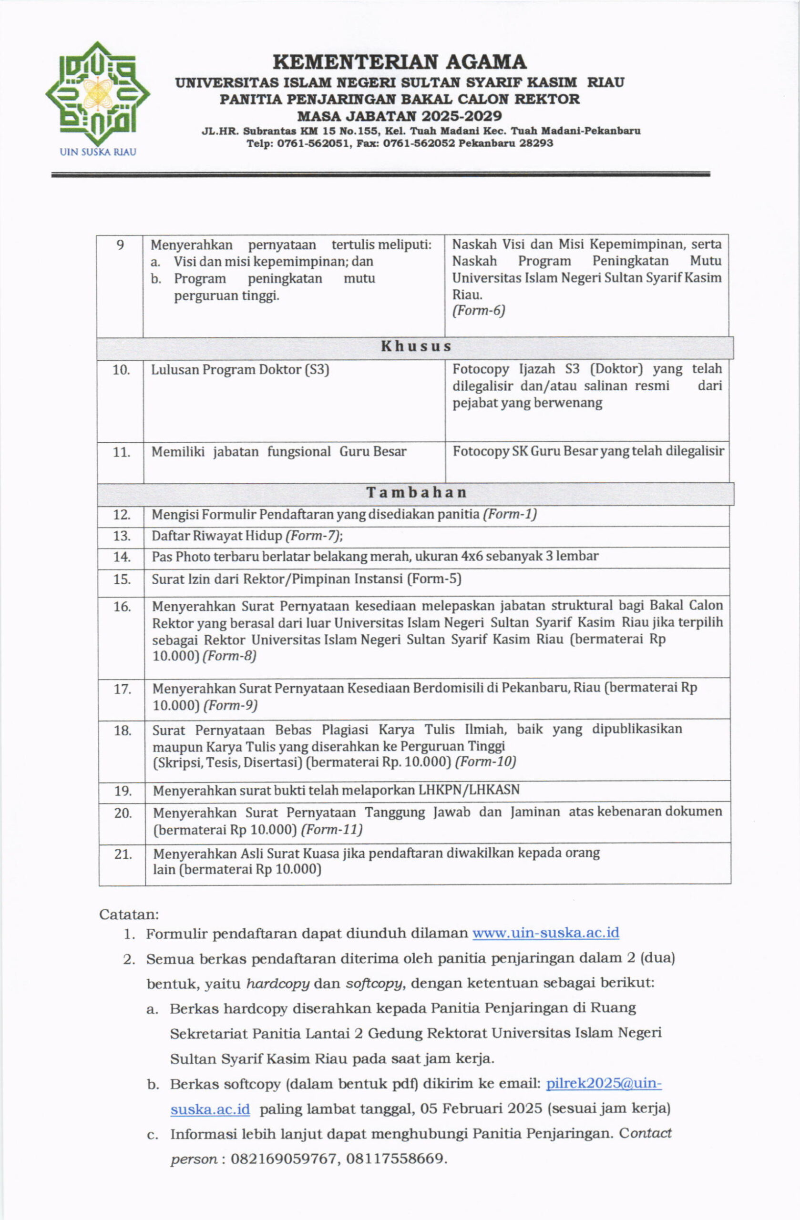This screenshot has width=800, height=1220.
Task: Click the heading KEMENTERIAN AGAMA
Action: tap(400, 62)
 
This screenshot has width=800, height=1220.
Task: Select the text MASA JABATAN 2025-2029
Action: tap(400, 116)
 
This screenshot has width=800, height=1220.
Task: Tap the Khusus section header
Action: tap(415, 347)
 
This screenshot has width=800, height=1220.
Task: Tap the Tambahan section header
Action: tap(416, 493)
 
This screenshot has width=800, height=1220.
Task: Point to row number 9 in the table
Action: tap(120, 245)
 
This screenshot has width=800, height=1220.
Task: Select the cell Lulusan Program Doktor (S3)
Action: tap(239, 370)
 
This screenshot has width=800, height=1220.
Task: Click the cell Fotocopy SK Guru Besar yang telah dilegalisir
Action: tap(588, 451)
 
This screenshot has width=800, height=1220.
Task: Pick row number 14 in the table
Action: tap(122, 557)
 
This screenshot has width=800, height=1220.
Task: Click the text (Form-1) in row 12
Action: tap(510, 514)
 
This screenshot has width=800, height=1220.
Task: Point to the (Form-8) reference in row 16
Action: tap(229, 656)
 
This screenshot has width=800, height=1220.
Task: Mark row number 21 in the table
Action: tap(123, 854)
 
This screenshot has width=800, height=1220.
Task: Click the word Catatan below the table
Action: tap(129, 915)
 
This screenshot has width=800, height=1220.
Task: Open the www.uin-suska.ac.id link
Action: tap(545, 933)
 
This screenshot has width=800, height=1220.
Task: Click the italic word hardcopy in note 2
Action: tap(277, 983)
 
